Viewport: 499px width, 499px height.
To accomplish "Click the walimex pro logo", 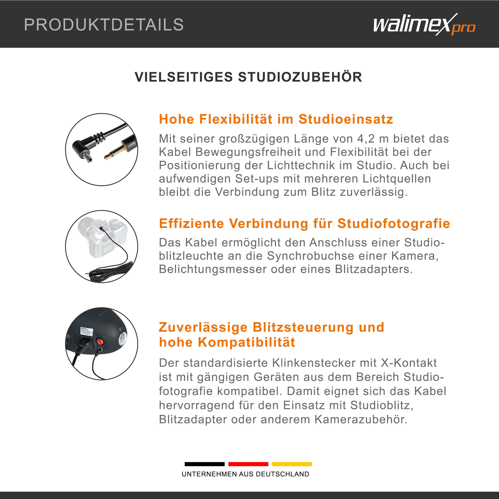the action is tap(424, 25).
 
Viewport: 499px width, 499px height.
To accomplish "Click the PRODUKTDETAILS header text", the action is tap(104, 25).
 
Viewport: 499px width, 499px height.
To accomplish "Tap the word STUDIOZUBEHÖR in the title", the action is tap(300, 77).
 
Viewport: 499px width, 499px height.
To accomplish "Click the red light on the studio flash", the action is tap(100, 342).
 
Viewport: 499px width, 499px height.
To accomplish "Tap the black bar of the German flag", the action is tap(205, 464).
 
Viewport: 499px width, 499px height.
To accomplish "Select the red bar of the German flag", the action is tap(248, 464).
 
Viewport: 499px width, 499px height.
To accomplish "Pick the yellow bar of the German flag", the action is tap(292, 464).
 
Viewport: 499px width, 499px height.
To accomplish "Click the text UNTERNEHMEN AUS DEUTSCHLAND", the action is tap(245, 474).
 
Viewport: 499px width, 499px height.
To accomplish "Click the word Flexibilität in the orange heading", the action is tap(236, 119).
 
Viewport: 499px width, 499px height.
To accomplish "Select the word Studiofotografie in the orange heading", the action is tap(394, 223).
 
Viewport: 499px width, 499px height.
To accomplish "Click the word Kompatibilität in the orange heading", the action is tap(246, 342).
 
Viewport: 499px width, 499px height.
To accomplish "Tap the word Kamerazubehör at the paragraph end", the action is tap(361, 420).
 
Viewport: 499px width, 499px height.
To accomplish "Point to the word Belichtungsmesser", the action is tap(213, 269).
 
